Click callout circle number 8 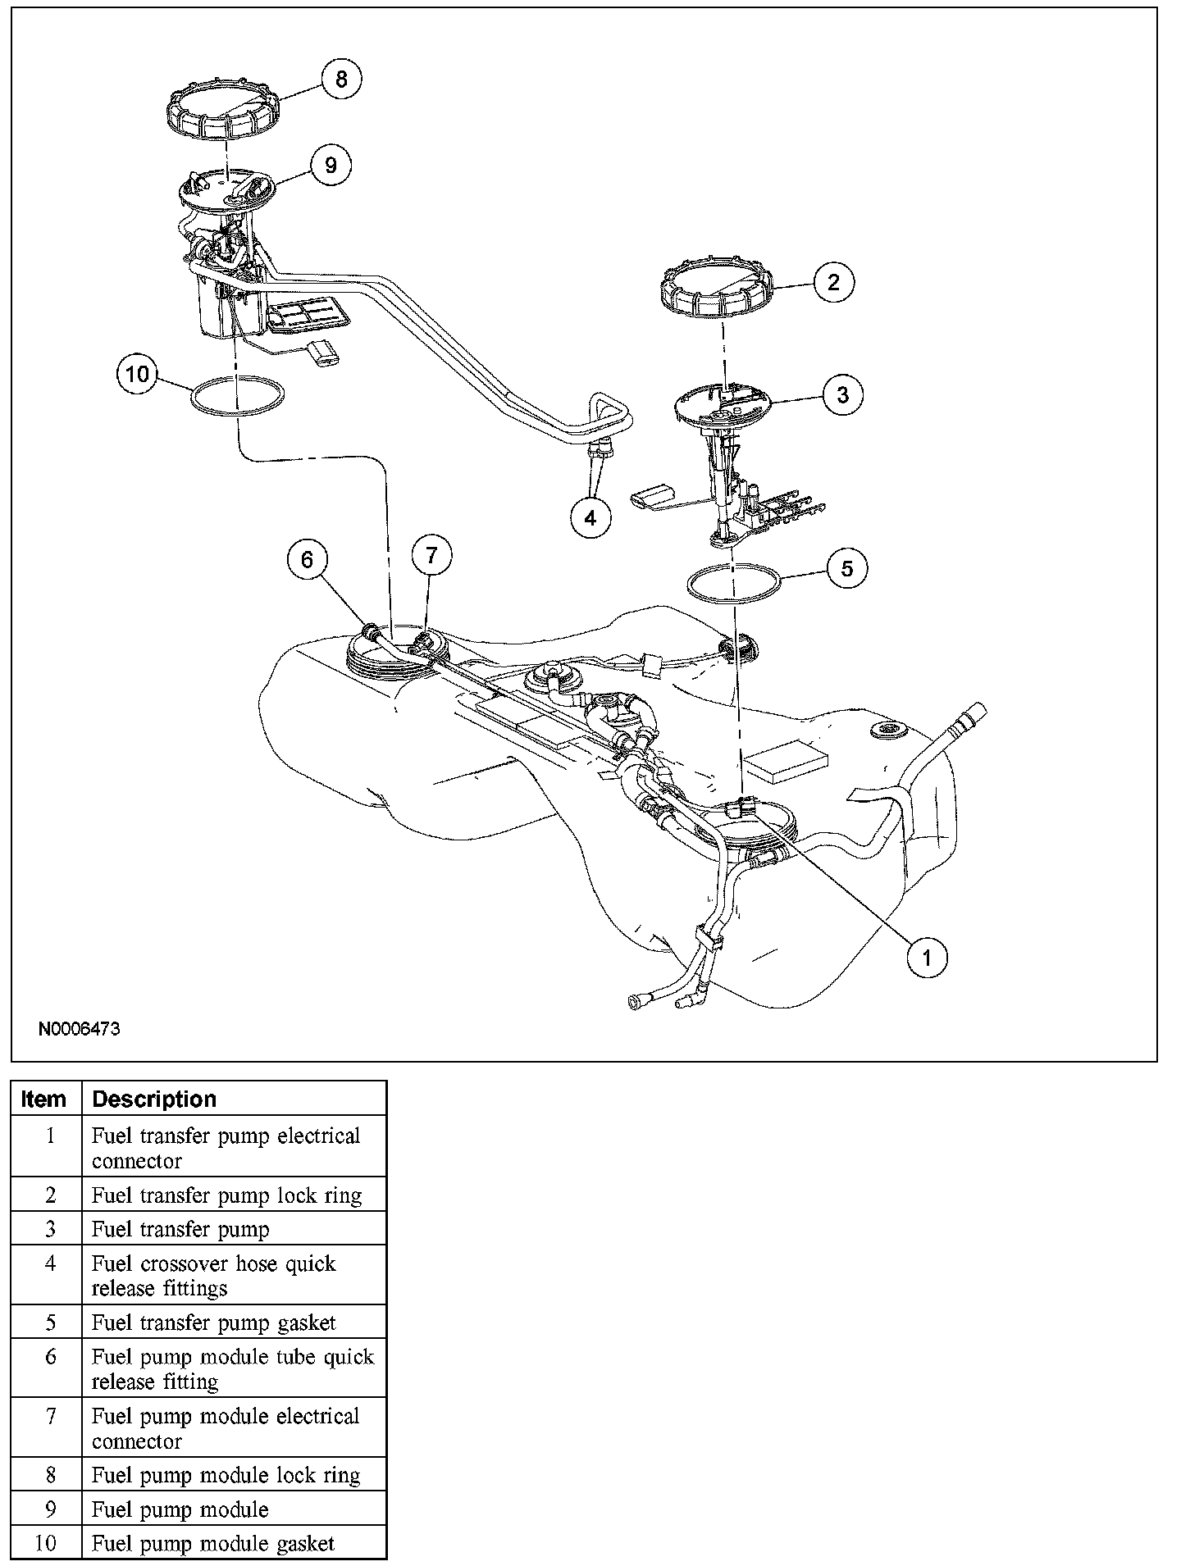coord(341,79)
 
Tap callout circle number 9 coord(331,166)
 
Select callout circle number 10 coord(137,375)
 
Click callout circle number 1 coord(928,956)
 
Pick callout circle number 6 coord(308,559)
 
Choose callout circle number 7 coord(432,556)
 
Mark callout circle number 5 coord(847,568)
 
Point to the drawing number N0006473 coord(80,1028)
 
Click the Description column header coord(154,1099)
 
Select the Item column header coord(44,1099)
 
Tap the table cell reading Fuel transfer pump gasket coord(214,1322)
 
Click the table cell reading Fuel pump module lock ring coord(226,1476)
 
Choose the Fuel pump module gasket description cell coord(213,1544)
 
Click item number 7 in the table coord(51,1417)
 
